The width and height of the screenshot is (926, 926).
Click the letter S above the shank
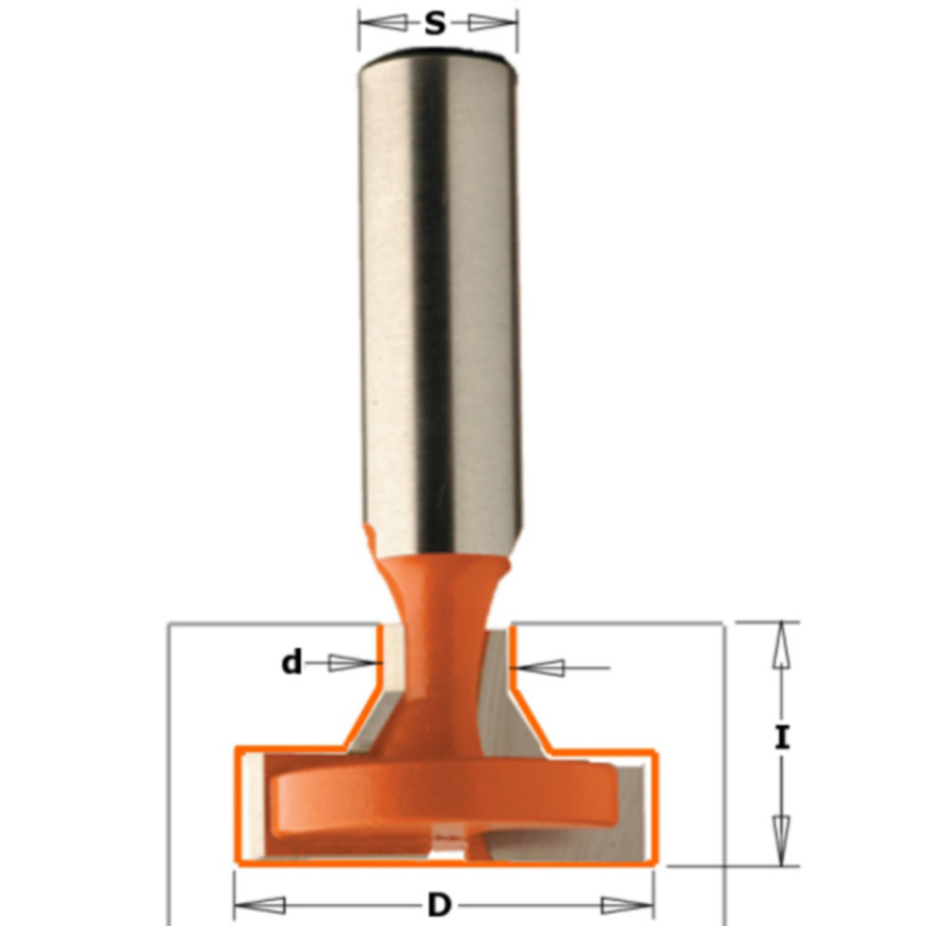435,24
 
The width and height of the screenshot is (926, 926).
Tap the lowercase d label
293,663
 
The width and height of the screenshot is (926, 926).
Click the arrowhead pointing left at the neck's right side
543,666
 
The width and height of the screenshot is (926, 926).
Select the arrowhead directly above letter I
782,644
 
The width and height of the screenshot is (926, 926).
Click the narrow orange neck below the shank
443,630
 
